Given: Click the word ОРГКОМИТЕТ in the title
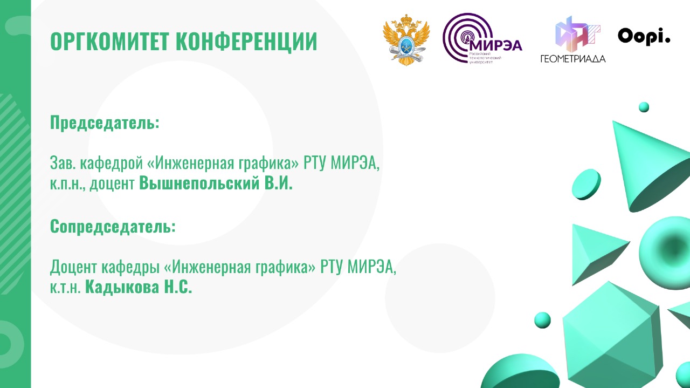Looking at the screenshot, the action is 109,42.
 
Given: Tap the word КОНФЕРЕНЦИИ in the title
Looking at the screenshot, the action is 246,42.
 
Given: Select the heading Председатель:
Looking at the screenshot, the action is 105,123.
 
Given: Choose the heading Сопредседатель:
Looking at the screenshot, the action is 113,227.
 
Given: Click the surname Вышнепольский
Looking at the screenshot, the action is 199,182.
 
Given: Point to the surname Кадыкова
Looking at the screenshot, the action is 122,287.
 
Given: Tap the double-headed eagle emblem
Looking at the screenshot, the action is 406,40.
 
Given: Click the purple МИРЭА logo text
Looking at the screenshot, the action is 496,45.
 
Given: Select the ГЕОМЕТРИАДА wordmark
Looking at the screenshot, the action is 573,59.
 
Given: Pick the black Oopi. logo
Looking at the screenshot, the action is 644,37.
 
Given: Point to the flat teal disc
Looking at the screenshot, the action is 586,185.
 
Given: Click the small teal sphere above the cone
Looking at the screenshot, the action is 644,107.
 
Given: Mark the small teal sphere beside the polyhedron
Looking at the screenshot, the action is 542,320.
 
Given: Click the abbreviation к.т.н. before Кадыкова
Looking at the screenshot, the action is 65,288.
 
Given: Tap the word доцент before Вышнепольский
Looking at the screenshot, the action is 112,184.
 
